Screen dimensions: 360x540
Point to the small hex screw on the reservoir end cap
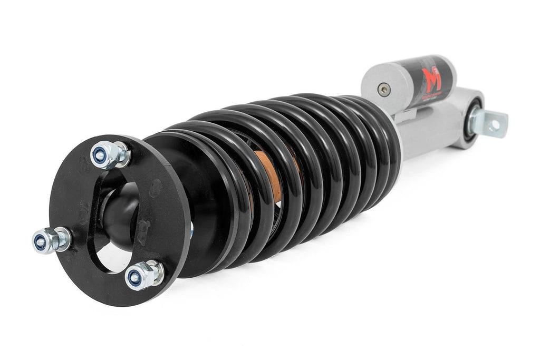pyautogui.click(x=384, y=90)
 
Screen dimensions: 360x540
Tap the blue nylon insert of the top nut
pyautogui.click(x=99, y=155)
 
